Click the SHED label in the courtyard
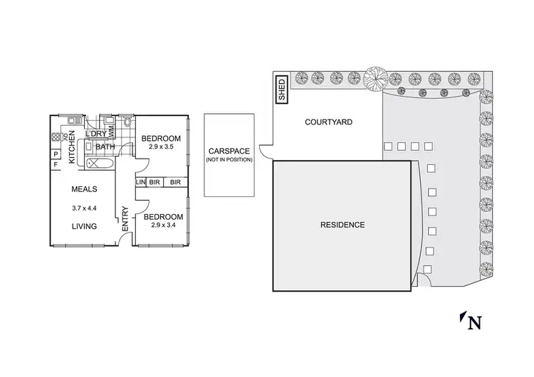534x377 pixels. pos(281,90)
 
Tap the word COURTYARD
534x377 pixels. pos(328,122)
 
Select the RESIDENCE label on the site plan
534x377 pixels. pos(342,225)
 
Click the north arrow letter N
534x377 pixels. pos(474,324)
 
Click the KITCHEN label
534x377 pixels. pos(72,147)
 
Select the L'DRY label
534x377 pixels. pos(95,134)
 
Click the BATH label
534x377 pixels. pos(105,147)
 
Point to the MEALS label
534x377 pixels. pos(84,189)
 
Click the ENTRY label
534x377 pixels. pos(125,219)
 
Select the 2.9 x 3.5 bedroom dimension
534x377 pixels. pos(162,147)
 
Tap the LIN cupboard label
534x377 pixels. pos(140,182)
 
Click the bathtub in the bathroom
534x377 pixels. pos(100,164)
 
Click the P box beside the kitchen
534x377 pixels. pos(55,154)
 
